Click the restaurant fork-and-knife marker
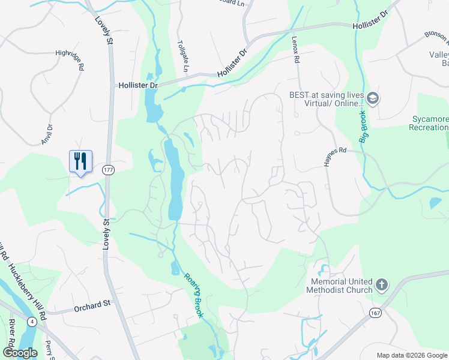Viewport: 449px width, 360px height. click(80, 161)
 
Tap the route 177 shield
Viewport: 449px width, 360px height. click(107, 169)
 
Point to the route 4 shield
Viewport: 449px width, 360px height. click(31, 321)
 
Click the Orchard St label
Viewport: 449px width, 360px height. click(93, 309)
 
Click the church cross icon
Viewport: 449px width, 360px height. click(382, 284)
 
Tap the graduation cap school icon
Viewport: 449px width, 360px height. click(373, 98)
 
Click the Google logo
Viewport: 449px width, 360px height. click(20, 353)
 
